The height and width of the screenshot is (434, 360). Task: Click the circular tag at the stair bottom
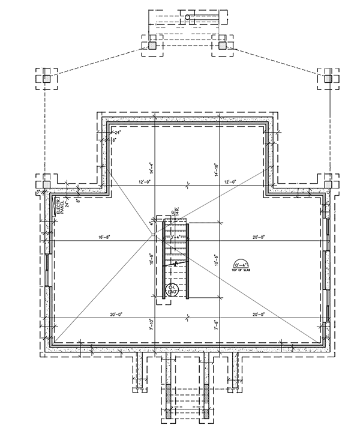172,291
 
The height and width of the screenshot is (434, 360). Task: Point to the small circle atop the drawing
188,17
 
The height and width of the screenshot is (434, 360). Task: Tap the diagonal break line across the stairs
175,263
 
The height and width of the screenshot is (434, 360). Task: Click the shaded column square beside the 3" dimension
46,180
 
